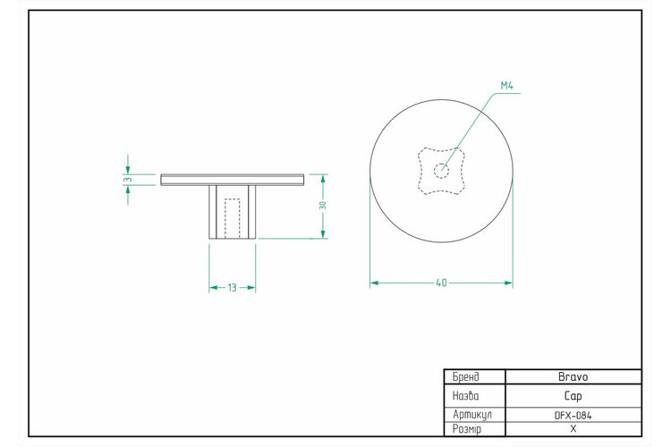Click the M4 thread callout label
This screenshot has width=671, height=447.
[x=506, y=86]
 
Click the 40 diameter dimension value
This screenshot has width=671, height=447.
[x=441, y=283]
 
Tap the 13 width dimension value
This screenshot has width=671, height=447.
[x=232, y=288]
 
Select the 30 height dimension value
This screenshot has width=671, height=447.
[x=323, y=206]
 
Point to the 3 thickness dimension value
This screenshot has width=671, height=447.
[x=128, y=180]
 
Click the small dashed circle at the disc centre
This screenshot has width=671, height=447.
[x=441, y=171]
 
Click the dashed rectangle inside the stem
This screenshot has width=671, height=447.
[x=233, y=218]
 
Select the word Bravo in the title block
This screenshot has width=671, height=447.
[x=573, y=377]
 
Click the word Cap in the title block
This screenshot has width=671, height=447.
[x=573, y=396]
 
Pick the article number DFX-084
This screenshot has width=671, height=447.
[x=573, y=416]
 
